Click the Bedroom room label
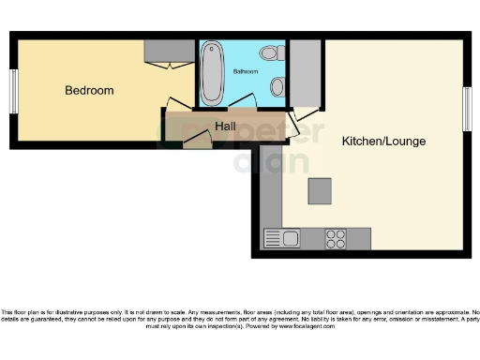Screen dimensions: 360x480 click(89, 91)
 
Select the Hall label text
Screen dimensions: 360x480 click(225, 127)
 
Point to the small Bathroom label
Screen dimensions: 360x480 click(246, 71)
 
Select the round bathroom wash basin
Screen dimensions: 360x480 click(277, 87)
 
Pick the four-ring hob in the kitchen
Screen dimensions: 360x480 click(336, 238)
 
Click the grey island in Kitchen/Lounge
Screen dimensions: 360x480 click(320, 190)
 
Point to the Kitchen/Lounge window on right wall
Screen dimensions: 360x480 click(466, 107)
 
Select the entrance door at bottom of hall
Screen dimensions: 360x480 click(196, 141)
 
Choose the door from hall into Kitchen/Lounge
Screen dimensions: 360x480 click(301, 120)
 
